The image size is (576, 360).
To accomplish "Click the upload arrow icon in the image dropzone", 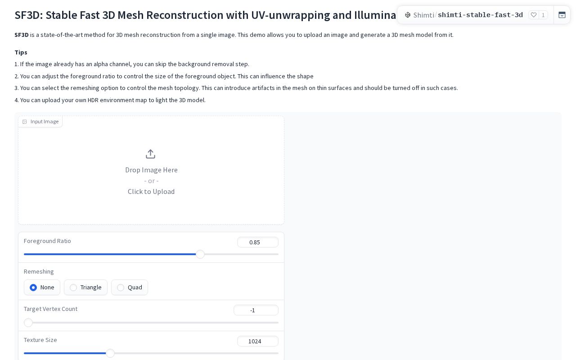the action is click(150, 154).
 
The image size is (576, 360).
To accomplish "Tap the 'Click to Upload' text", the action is click(151, 192).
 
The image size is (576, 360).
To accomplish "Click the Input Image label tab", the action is click(40, 121).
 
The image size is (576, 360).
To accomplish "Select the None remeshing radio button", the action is click(33, 288).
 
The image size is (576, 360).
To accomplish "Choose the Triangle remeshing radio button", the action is click(73, 288).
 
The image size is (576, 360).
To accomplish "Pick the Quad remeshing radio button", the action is click(121, 288).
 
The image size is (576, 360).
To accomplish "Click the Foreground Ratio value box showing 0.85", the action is click(258, 242).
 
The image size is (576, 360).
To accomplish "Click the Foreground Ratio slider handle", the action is click(200, 254).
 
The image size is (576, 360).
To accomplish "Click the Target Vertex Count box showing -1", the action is click(256, 310).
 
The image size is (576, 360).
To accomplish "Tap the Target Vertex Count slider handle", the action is click(28, 323).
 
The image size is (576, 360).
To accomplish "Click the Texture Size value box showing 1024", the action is click(258, 341).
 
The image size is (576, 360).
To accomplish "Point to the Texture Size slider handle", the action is click(110, 353).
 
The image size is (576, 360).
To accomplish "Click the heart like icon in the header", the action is click(534, 15).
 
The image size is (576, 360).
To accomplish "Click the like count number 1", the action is click(543, 15).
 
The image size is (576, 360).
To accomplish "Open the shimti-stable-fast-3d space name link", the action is click(480, 15).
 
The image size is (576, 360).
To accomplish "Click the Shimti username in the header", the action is click(424, 15).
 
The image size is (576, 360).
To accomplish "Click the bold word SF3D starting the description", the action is click(21, 35).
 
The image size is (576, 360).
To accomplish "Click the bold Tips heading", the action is click(21, 52).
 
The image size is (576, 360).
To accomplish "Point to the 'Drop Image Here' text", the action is click(152, 170).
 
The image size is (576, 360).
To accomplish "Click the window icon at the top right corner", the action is click(562, 15).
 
